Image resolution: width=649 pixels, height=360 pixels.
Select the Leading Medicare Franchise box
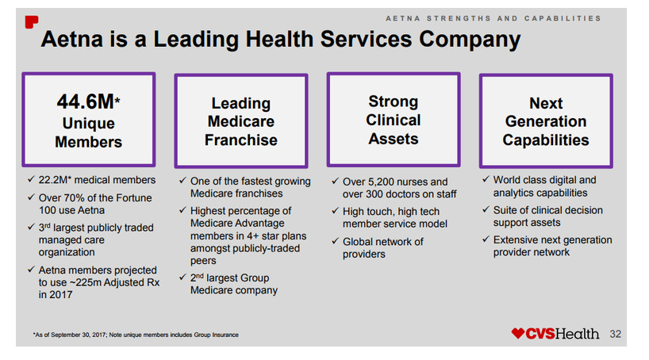[x=240, y=121]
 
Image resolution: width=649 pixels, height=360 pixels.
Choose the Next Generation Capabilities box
[x=545, y=121]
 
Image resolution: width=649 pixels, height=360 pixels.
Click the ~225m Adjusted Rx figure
[x=103, y=283]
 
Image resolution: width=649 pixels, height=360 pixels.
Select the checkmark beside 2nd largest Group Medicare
[x=182, y=278]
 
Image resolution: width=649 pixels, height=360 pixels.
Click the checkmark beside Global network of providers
[x=334, y=242]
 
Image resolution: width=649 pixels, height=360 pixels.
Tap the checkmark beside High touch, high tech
[x=334, y=212]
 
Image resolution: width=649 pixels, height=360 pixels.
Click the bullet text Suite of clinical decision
[x=547, y=210]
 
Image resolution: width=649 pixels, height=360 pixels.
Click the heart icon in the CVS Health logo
[x=518, y=334]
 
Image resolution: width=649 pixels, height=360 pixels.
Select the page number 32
[x=615, y=334]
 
